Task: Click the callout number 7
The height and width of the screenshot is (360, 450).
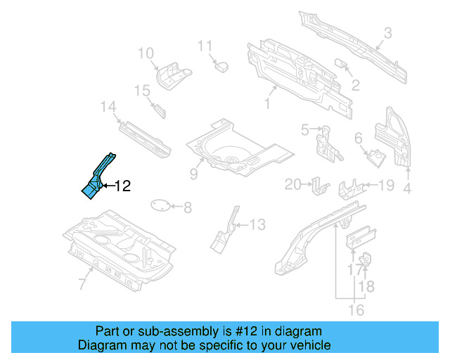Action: pos(82,283)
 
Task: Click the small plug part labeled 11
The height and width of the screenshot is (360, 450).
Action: pos(222,66)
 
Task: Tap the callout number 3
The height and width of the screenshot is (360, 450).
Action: pos(387,32)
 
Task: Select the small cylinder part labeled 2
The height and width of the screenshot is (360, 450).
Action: pos(345,64)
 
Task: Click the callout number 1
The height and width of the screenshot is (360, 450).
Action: pos(266,105)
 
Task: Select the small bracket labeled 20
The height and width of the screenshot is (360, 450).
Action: pos(321,186)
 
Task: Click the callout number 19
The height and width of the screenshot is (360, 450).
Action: pos(386,186)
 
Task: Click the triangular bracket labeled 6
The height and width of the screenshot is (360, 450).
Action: pos(375,156)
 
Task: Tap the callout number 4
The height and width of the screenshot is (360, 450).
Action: pos(406,188)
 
